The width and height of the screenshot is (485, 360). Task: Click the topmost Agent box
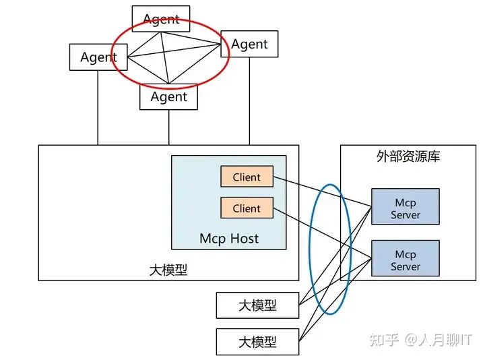point(161,19)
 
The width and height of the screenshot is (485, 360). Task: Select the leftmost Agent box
point(98,57)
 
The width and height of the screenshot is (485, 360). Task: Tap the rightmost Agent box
point(249,44)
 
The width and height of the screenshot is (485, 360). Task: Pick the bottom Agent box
point(168,96)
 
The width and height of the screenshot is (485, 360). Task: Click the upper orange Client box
point(247,177)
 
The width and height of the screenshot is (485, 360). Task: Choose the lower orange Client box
point(247,208)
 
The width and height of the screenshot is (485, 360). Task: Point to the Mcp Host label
point(229,239)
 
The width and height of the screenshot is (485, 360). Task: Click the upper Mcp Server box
point(406,206)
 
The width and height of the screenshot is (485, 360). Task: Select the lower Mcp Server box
point(406,258)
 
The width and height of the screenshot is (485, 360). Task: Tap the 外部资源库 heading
point(408,156)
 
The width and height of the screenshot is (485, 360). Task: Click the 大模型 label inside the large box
point(168,270)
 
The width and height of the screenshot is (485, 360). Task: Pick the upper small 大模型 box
point(257,305)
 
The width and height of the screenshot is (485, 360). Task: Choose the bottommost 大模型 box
point(257,342)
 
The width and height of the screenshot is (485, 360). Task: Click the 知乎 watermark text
point(384,340)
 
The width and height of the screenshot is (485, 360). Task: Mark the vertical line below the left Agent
point(98,108)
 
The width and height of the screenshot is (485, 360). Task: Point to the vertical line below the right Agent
point(249,101)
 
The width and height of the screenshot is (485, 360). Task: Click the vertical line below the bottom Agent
point(168,127)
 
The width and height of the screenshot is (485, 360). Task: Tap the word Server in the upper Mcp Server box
point(406,215)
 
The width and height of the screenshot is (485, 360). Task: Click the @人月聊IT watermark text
point(439,340)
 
